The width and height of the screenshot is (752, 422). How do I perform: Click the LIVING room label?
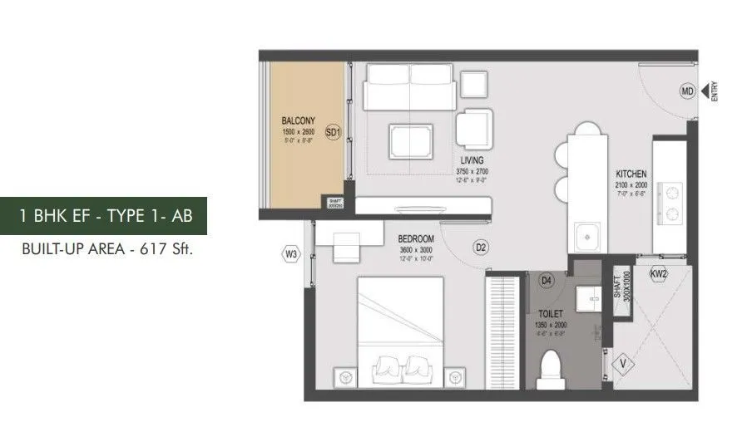coord(471,159)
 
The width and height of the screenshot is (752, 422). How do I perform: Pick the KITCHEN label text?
coord(631,174)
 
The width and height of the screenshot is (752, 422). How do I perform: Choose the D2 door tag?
coord(480,247)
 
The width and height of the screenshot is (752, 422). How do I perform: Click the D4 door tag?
coord(547,281)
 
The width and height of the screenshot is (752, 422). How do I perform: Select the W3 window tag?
coord(290,255)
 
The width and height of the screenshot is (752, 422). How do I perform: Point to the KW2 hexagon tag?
coord(658,273)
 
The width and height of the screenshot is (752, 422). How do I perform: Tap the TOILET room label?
coord(546,316)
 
